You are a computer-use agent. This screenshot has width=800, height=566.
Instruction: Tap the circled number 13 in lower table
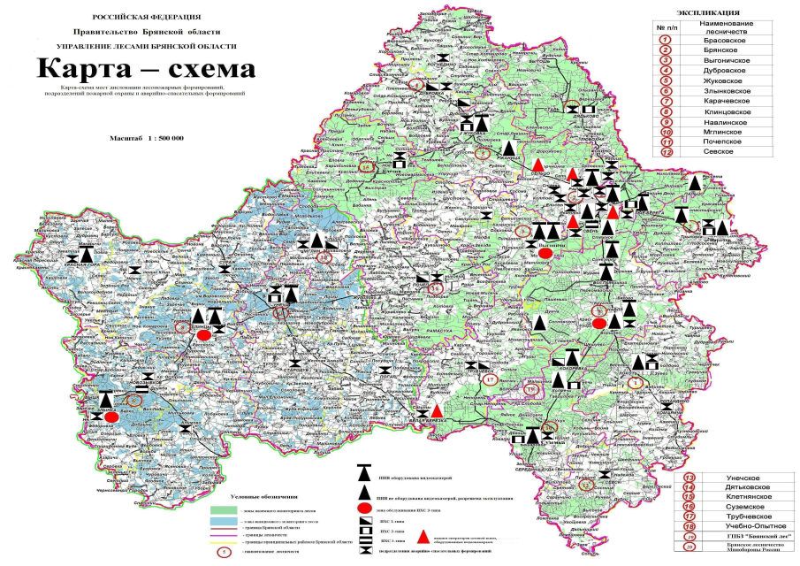[x=690, y=478]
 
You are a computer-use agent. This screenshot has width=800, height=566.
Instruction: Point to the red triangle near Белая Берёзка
[x=438, y=410]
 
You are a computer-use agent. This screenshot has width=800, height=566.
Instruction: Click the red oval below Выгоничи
[x=545, y=254]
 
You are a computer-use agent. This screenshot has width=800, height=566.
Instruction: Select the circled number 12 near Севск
[x=586, y=484]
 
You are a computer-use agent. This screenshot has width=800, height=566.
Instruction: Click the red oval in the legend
[x=363, y=510]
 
